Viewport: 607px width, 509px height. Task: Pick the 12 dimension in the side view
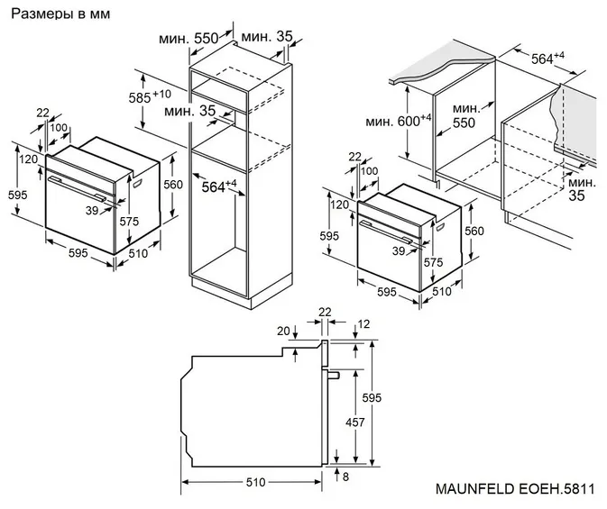coord(364,323)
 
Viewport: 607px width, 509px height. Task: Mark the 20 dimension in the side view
coord(284,331)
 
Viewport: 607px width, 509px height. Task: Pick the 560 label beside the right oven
coord(474,230)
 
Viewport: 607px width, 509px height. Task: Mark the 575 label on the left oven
coord(130,222)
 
